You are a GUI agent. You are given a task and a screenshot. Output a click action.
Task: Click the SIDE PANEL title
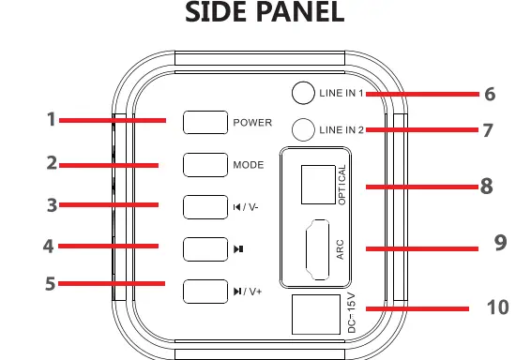click(265, 14)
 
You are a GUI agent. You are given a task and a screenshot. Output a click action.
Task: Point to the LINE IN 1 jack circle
click(303, 93)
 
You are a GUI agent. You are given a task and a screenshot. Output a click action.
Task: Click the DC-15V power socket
click(314, 314)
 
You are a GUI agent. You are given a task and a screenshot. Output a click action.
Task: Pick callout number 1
click(52, 119)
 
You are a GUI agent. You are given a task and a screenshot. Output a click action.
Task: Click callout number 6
click(489, 94)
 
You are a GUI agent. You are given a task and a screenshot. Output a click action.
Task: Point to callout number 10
click(499, 307)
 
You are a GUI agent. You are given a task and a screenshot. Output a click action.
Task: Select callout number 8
click(487, 186)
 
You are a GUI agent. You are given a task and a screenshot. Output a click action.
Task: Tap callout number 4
click(49, 247)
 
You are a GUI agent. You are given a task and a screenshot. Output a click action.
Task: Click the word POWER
click(252, 123)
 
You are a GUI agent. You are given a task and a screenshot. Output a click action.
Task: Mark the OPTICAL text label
click(343, 185)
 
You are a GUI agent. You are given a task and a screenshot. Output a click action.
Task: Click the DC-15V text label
click(352, 314)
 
